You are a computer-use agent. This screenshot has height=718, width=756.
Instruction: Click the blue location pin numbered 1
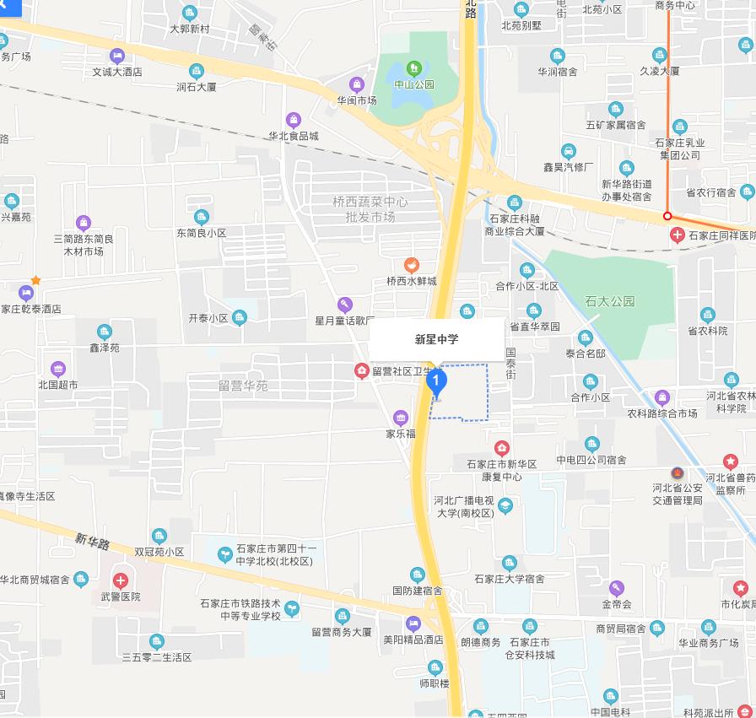click(436, 382)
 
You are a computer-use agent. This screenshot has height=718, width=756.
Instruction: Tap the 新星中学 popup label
click(436, 340)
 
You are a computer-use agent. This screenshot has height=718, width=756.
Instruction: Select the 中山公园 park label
click(414, 84)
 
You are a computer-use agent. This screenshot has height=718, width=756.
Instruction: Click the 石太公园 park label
click(609, 301)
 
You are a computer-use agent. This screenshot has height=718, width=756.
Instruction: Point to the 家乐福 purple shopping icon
click(401, 418)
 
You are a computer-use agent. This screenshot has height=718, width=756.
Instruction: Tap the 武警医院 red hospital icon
click(121, 580)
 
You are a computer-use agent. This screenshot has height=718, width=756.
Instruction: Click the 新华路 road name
click(93, 542)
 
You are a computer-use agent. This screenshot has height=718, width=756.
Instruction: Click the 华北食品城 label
click(294, 136)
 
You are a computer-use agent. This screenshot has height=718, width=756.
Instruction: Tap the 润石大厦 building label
click(197, 86)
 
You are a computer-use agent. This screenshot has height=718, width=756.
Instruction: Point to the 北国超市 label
click(58, 385)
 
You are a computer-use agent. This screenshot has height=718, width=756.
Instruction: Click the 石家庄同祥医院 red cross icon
click(677, 235)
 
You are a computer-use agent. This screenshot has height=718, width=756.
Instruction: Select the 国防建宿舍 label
click(418, 591)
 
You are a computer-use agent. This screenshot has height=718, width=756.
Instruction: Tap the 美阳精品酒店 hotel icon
click(413, 624)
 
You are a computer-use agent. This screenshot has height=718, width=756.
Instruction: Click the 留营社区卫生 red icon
click(362, 370)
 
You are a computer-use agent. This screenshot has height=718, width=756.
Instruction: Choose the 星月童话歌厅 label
click(344, 321)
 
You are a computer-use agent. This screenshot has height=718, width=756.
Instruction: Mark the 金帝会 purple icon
click(617, 588)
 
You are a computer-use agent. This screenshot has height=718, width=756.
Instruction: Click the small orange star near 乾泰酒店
click(35, 280)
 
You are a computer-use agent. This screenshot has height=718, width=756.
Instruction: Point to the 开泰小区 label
click(208, 318)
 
